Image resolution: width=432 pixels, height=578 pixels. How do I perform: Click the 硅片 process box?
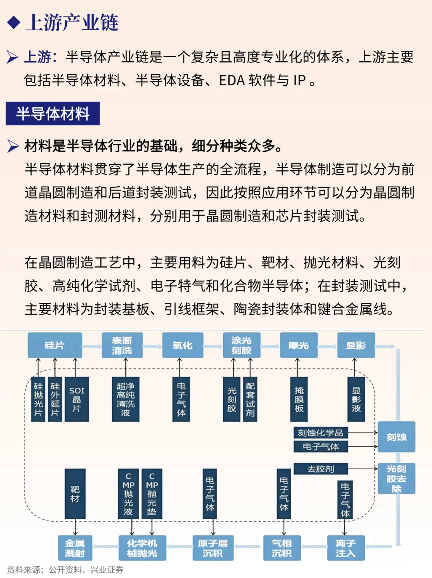[55, 345]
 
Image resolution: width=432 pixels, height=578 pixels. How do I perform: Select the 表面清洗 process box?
[122, 345]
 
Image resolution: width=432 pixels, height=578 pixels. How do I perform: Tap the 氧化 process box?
[182, 345]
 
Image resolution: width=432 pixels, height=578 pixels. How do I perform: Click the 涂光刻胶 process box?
[241, 345]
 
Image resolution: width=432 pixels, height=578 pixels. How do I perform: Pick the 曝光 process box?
[298, 345]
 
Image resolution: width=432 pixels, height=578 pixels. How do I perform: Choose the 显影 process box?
[356, 345]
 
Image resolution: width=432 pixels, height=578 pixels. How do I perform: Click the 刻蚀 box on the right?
[396, 437]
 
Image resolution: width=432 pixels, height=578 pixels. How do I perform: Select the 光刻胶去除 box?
[396, 479]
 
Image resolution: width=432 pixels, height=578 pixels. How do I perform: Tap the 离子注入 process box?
[346, 548]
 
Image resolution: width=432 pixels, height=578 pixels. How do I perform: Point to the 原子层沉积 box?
[212, 548]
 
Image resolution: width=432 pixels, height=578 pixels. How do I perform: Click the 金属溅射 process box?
[75, 548]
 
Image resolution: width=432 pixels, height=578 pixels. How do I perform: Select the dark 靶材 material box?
[75, 494]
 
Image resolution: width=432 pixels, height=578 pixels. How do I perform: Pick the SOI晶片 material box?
[77, 399]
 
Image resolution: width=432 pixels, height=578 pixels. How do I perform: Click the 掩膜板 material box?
[299, 399]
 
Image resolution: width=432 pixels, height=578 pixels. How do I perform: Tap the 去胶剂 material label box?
[320, 469]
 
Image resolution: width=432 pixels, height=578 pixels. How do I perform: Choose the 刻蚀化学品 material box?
[320, 433]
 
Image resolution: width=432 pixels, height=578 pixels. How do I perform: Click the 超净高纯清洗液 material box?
[126, 399]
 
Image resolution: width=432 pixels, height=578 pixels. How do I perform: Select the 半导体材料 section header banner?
[53, 114]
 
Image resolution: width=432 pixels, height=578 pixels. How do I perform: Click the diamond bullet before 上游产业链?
[14, 22]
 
